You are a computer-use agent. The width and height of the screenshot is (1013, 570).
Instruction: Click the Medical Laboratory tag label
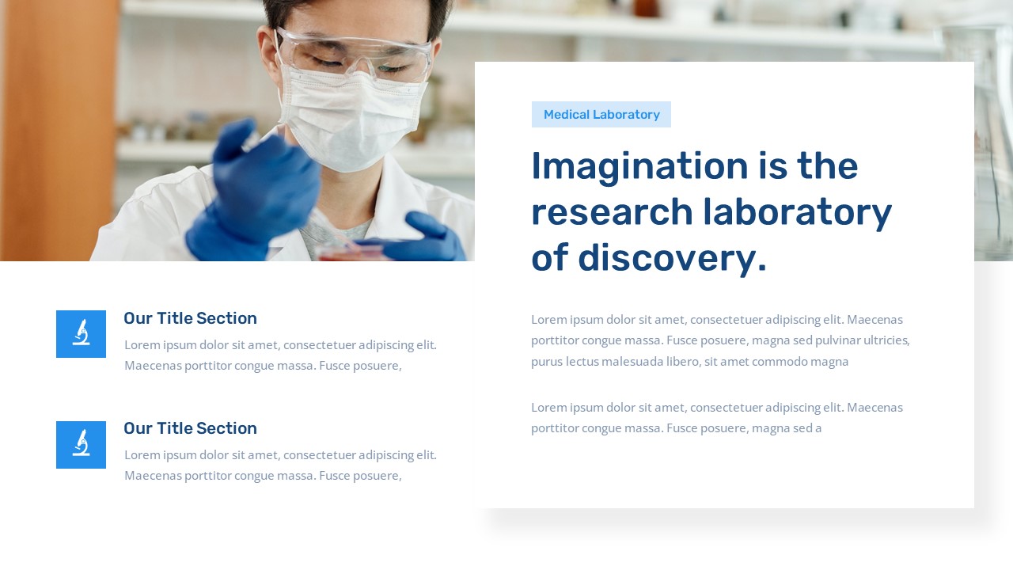point(601,115)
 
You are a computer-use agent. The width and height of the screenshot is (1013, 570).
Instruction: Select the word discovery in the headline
point(672,258)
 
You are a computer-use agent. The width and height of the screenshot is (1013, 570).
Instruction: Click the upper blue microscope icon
point(81,334)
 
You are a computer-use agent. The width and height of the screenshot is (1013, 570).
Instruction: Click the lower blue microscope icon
point(81,445)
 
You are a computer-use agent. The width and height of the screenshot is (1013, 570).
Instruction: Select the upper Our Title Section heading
point(190,318)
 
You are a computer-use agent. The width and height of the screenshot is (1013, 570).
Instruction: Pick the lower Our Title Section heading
point(190,428)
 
